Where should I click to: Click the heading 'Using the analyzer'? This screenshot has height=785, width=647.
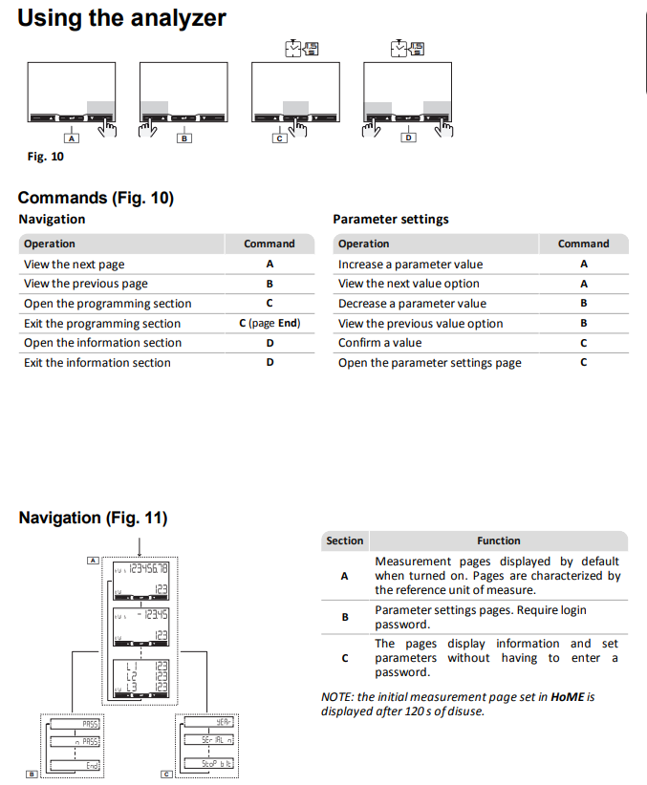point(121,18)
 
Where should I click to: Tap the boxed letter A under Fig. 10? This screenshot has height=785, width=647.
point(72,138)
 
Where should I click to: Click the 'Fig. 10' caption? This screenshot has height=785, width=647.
point(45,157)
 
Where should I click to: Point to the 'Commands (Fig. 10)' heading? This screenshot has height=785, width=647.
point(96,198)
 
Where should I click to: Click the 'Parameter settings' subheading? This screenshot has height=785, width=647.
point(390,220)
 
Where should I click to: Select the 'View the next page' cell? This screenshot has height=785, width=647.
point(75,265)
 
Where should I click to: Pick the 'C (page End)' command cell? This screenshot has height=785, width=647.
point(270,324)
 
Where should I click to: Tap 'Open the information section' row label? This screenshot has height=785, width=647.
point(102,343)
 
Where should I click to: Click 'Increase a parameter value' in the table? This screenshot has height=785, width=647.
point(410,265)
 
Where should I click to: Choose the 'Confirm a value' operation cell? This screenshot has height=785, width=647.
point(379,343)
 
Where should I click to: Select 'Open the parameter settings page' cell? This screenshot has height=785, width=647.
point(429,363)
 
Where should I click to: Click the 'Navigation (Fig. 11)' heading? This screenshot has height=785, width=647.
point(93,518)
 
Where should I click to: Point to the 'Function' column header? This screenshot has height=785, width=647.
point(499,541)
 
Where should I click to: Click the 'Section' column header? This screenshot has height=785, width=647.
point(344,541)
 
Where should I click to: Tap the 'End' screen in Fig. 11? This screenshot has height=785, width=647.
point(75,764)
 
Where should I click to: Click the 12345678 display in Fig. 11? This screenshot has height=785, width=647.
point(140,569)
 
